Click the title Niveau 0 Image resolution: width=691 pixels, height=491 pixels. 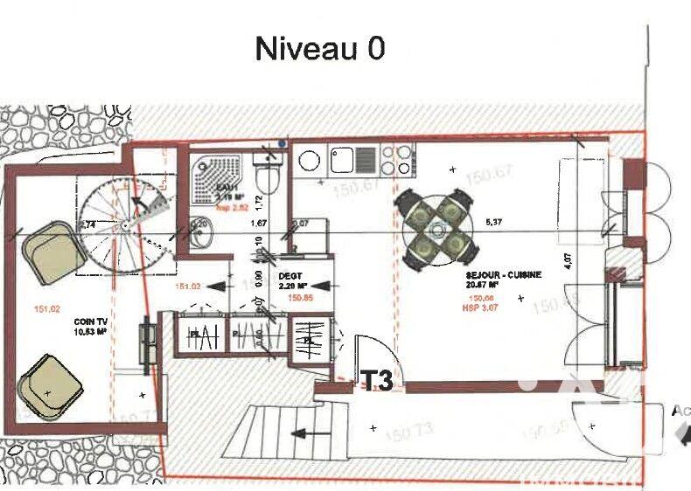click(x=319, y=48)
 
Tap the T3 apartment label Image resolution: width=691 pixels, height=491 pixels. click(x=377, y=380)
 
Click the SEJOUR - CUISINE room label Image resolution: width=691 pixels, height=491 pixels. click(x=503, y=274)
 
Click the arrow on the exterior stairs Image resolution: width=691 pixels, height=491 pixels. click(x=305, y=432)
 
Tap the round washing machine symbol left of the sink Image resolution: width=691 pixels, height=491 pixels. click(x=309, y=161)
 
